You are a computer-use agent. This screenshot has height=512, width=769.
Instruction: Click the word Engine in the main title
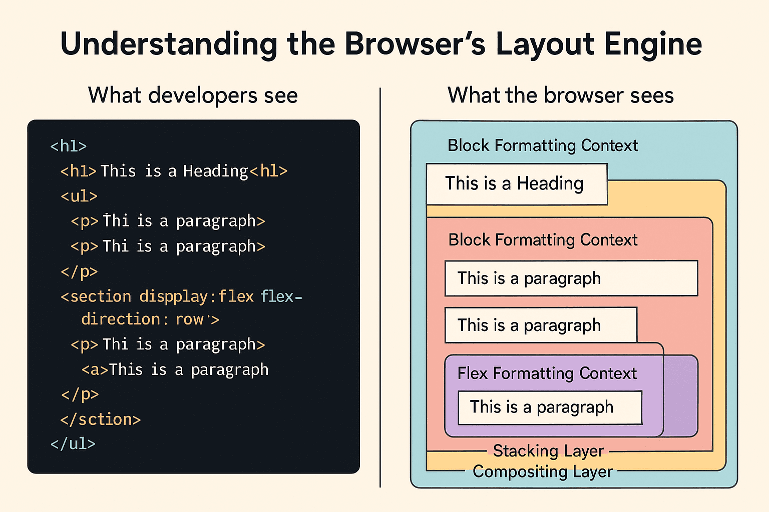[653, 44]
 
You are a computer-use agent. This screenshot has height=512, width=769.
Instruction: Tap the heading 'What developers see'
[193, 95]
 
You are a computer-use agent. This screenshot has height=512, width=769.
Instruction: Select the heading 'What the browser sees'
[560, 95]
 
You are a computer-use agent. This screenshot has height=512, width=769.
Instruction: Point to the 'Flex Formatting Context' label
[547, 373]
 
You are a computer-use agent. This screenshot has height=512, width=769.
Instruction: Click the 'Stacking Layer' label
[548, 451]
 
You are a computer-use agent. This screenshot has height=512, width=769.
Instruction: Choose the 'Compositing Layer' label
[542, 471]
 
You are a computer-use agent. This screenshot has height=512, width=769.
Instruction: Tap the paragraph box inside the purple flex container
[549, 407]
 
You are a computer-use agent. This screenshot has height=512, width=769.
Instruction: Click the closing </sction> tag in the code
[100, 419]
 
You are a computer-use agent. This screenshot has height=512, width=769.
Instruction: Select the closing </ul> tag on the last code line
[73, 443]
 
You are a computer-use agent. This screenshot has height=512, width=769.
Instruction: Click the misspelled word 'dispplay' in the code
[173, 296]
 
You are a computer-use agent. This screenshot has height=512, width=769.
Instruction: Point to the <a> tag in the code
[95, 370]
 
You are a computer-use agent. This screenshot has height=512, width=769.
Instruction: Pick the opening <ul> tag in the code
[79, 196]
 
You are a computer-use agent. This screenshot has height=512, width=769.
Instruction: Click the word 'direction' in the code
[121, 319]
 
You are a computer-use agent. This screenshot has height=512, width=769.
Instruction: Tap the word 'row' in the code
[189, 319]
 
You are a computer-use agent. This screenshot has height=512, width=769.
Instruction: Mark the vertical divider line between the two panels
[380, 287]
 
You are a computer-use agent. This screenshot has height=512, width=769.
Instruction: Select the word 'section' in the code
[100, 296]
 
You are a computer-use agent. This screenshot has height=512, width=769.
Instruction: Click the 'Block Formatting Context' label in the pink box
[543, 240]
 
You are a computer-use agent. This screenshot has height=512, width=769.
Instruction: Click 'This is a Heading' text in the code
[174, 171]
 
